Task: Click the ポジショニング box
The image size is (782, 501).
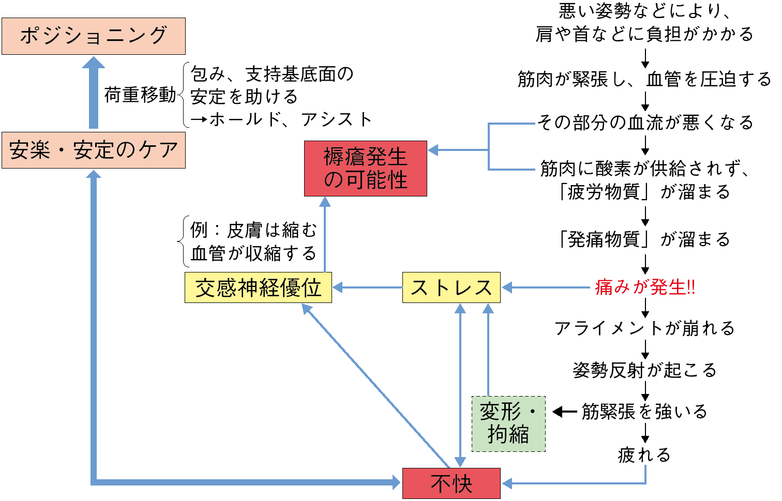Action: pos(94,36)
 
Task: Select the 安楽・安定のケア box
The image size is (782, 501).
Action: pos(94,150)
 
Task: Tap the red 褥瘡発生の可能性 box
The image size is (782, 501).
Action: pos(366,169)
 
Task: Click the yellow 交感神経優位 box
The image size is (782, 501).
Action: pos(258,287)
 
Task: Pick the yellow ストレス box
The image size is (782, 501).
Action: pos(451,287)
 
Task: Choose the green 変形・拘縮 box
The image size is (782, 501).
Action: pos(508,423)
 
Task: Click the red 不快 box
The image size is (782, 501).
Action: pos(451,483)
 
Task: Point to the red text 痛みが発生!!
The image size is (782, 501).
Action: pos(645,287)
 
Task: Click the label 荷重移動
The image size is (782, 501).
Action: pos(140,95)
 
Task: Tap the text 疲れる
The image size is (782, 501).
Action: pos(644,455)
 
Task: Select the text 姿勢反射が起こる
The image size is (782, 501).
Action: pos(644,370)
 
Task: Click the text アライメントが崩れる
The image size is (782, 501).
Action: pos(644,328)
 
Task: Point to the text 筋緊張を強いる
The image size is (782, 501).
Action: pos(644,412)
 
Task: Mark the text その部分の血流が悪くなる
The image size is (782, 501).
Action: pos(645,123)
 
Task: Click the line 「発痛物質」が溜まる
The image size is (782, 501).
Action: pos(644,239)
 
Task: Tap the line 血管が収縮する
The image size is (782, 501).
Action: pos(253,253)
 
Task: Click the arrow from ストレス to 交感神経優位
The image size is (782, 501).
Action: pos(367,287)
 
